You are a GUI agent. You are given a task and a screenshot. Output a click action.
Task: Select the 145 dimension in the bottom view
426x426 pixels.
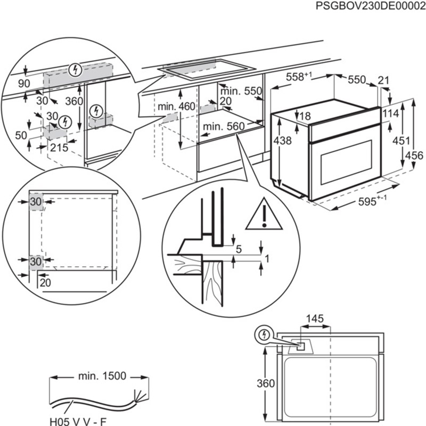[x=315, y=319]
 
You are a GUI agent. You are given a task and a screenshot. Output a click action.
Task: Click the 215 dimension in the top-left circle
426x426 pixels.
[x=59, y=149]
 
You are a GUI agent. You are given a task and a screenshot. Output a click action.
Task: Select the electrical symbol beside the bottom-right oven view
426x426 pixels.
[x=263, y=334]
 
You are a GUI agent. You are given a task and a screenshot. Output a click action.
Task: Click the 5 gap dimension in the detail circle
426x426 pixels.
[x=239, y=248]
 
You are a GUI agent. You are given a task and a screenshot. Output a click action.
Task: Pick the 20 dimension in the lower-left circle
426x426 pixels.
[x=45, y=283]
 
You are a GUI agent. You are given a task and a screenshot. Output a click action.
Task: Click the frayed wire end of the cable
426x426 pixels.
[x=140, y=397]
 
